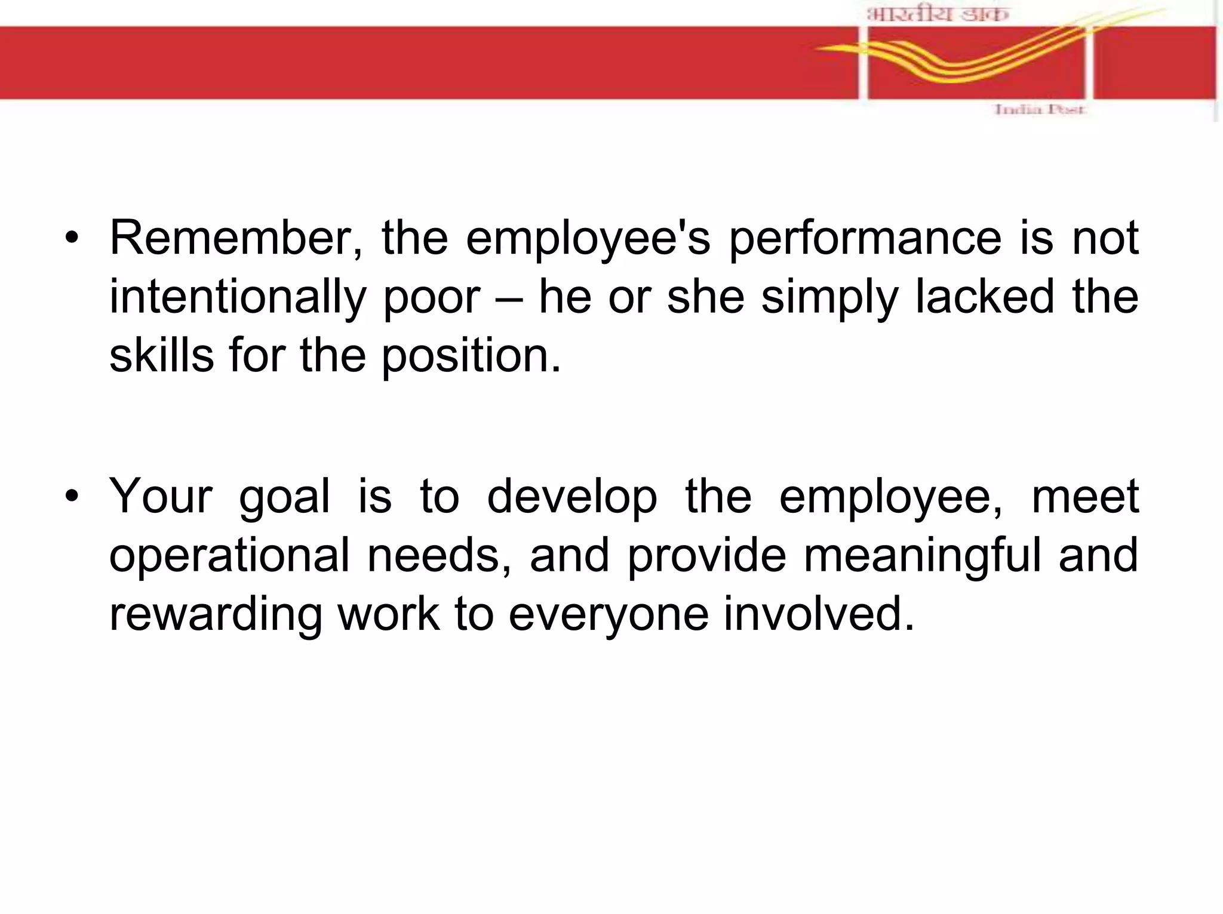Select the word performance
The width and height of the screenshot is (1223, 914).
(x=865, y=238)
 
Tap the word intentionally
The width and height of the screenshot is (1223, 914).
(x=236, y=297)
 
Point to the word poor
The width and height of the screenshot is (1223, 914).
(x=432, y=297)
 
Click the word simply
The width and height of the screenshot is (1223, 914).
(x=829, y=297)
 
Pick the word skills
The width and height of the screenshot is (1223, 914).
(x=161, y=355)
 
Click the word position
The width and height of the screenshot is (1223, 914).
(x=471, y=355)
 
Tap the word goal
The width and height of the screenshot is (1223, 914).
(x=284, y=497)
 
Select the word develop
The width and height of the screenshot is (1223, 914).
(x=571, y=497)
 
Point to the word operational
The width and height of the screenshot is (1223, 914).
(x=229, y=555)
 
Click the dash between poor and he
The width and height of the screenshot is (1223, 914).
(x=509, y=298)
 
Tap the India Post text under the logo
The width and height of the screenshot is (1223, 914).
(x=1038, y=109)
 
